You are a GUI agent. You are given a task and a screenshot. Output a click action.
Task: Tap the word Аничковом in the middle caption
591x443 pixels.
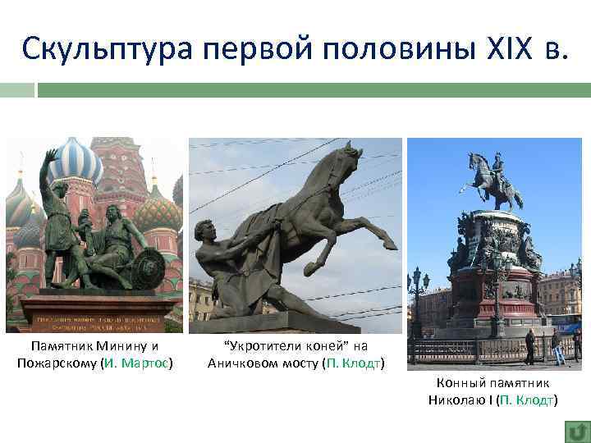243,363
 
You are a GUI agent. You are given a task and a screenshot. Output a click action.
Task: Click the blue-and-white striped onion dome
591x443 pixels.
76,164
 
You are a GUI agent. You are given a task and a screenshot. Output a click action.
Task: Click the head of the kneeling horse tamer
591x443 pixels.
204,232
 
